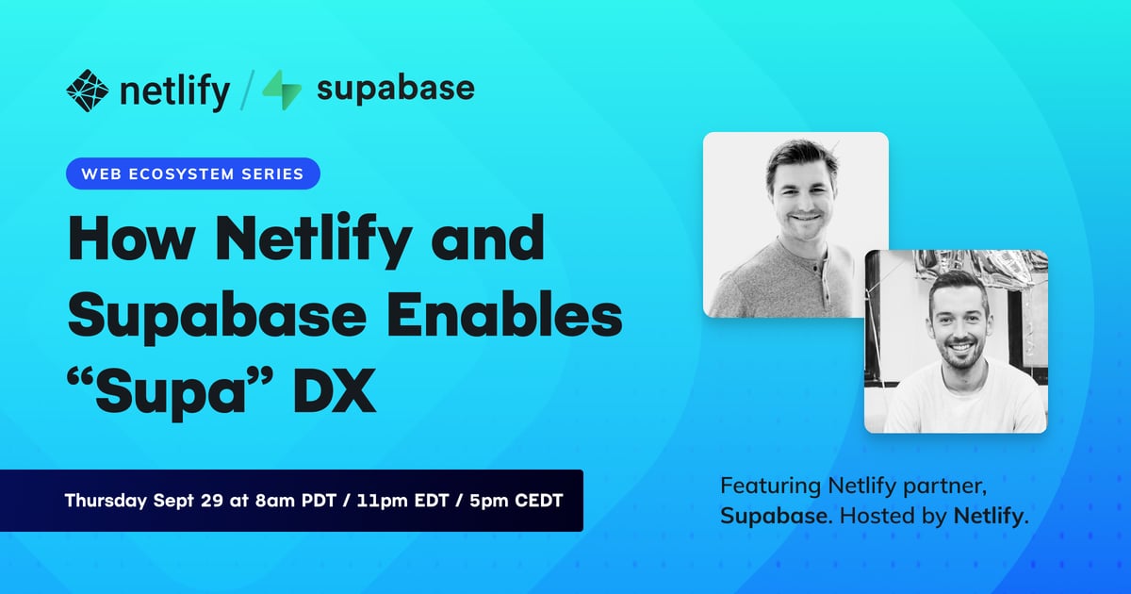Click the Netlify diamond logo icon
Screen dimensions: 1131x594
pyautogui.click(x=88, y=91)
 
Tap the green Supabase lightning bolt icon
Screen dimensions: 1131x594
pyautogui.click(x=282, y=90)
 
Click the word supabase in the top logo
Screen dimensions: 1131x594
pyautogui.click(x=395, y=90)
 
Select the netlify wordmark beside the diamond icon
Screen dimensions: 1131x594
pyautogui.click(x=174, y=91)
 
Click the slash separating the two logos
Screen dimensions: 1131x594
pyautogui.click(x=247, y=90)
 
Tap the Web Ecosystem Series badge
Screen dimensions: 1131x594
pyautogui.click(x=193, y=173)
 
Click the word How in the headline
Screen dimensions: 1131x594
pyautogui.click(x=132, y=239)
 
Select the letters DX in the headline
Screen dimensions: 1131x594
pyautogui.click(x=336, y=390)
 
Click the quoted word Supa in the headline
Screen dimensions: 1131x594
pyautogui.click(x=171, y=393)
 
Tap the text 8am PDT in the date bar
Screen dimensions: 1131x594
pyautogui.click(x=295, y=501)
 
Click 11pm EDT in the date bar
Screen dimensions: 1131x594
pyautogui.click(x=402, y=501)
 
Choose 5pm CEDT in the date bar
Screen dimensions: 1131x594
pyautogui.click(x=516, y=501)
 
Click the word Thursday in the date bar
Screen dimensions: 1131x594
pyautogui.click(x=106, y=501)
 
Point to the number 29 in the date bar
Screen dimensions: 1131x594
pyautogui.click(x=211, y=501)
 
